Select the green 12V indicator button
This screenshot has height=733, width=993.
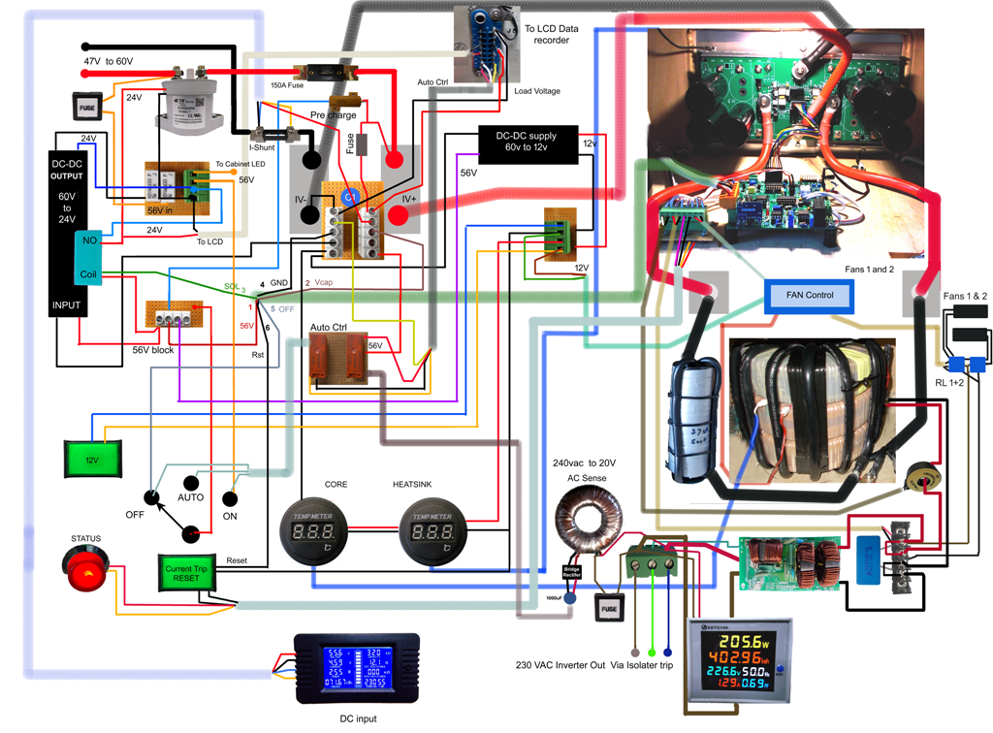pyautogui.click(x=92, y=458)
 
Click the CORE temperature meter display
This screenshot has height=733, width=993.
pyautogui.click(x=314, y=532)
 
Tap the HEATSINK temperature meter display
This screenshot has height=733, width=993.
pyautogui.click(x=432, y=532)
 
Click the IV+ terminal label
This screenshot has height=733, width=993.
pyautogui.click(x=408, y=199)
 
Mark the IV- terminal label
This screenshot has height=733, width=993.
pyautogui.click(x=301, y=199)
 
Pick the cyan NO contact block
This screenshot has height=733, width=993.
pyautogui.click(x=88, y=239)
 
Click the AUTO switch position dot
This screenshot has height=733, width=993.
pyautogui.click(x=191, y=482)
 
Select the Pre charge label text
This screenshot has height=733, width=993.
pyautogui.click(x=333, y=114)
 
